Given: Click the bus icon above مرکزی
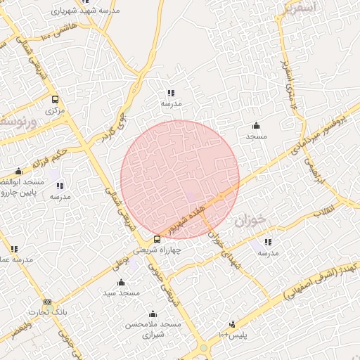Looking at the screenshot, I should click(55, 100).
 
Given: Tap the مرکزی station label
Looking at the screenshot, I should click(55, 110).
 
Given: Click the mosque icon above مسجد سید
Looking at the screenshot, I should click(121, 283).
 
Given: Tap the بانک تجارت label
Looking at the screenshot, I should click(46, 312).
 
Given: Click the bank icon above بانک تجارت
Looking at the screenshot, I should click(46, 302).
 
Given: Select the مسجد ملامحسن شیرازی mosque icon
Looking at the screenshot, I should click(153, 314).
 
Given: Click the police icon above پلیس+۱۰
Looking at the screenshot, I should click(232, 324).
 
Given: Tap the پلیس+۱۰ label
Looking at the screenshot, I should click(232, 335).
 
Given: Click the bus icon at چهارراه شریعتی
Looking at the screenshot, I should click(156, 240).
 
